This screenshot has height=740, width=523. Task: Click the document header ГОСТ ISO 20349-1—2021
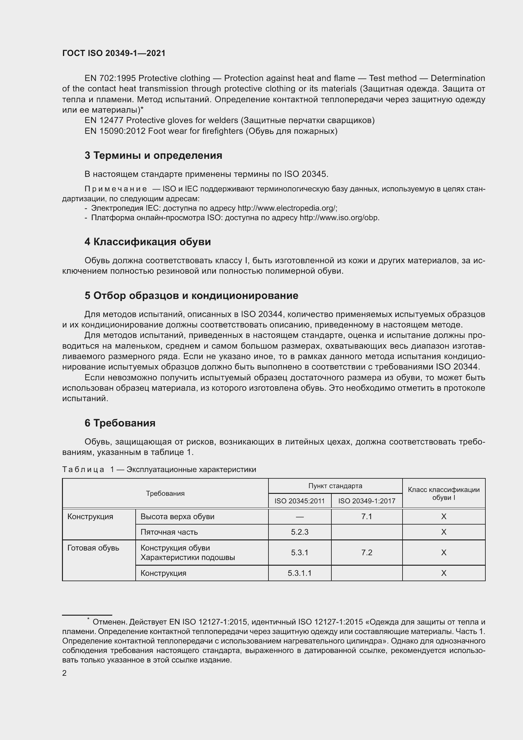(x=114, y=53)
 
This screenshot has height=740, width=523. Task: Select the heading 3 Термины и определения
(x=153, y=156)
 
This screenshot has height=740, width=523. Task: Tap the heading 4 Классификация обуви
(x=147, y=242)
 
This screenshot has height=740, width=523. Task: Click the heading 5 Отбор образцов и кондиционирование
(x=191, y=295)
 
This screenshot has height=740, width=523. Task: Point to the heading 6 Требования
(x=120, y=423)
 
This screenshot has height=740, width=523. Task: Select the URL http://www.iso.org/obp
(x=339, y=218)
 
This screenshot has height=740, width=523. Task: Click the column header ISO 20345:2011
(x=299, y=501)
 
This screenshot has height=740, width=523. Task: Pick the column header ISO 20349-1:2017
(x=366, y=501)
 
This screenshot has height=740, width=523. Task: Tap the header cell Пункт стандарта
(x=335, y=486)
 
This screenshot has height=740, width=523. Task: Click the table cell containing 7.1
(x=366, y=517)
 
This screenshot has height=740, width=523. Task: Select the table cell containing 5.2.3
(x=299, y=532)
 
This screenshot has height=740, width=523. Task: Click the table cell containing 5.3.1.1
(x=299, y=573)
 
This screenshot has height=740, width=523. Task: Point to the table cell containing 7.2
(x=366, y=552)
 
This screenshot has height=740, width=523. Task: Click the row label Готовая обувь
(x=93, y=548)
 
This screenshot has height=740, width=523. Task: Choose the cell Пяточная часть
(x=169, y=532)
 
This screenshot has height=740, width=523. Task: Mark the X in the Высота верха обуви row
(x=443, y=517)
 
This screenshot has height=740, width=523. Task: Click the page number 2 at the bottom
(x=65, y=673)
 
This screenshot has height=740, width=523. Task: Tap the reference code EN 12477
(x=104, y=121)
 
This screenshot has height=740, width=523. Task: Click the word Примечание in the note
(x=116, y=189)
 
